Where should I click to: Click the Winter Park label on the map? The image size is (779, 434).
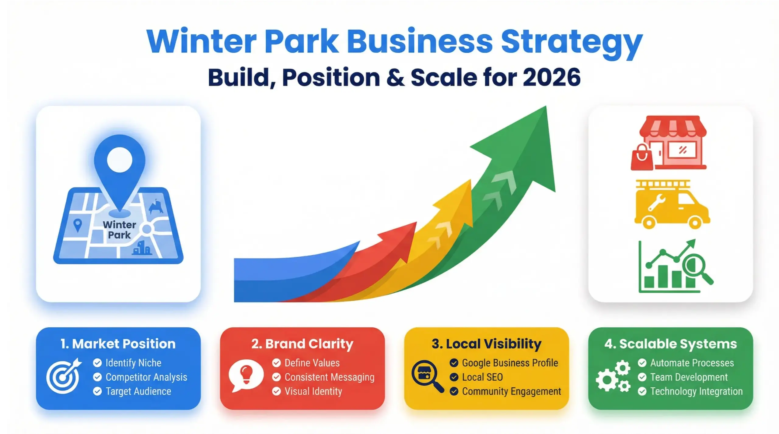[119, 230]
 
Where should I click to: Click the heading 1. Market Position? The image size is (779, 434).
[118, 344]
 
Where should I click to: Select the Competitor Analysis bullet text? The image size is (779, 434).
[146, 377]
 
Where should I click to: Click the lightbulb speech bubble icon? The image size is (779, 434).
[246, 376]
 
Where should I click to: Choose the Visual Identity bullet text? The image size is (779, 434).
[313, 391]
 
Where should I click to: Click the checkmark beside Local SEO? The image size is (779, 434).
[454, 377]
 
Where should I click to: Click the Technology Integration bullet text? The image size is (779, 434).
[696, 391]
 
